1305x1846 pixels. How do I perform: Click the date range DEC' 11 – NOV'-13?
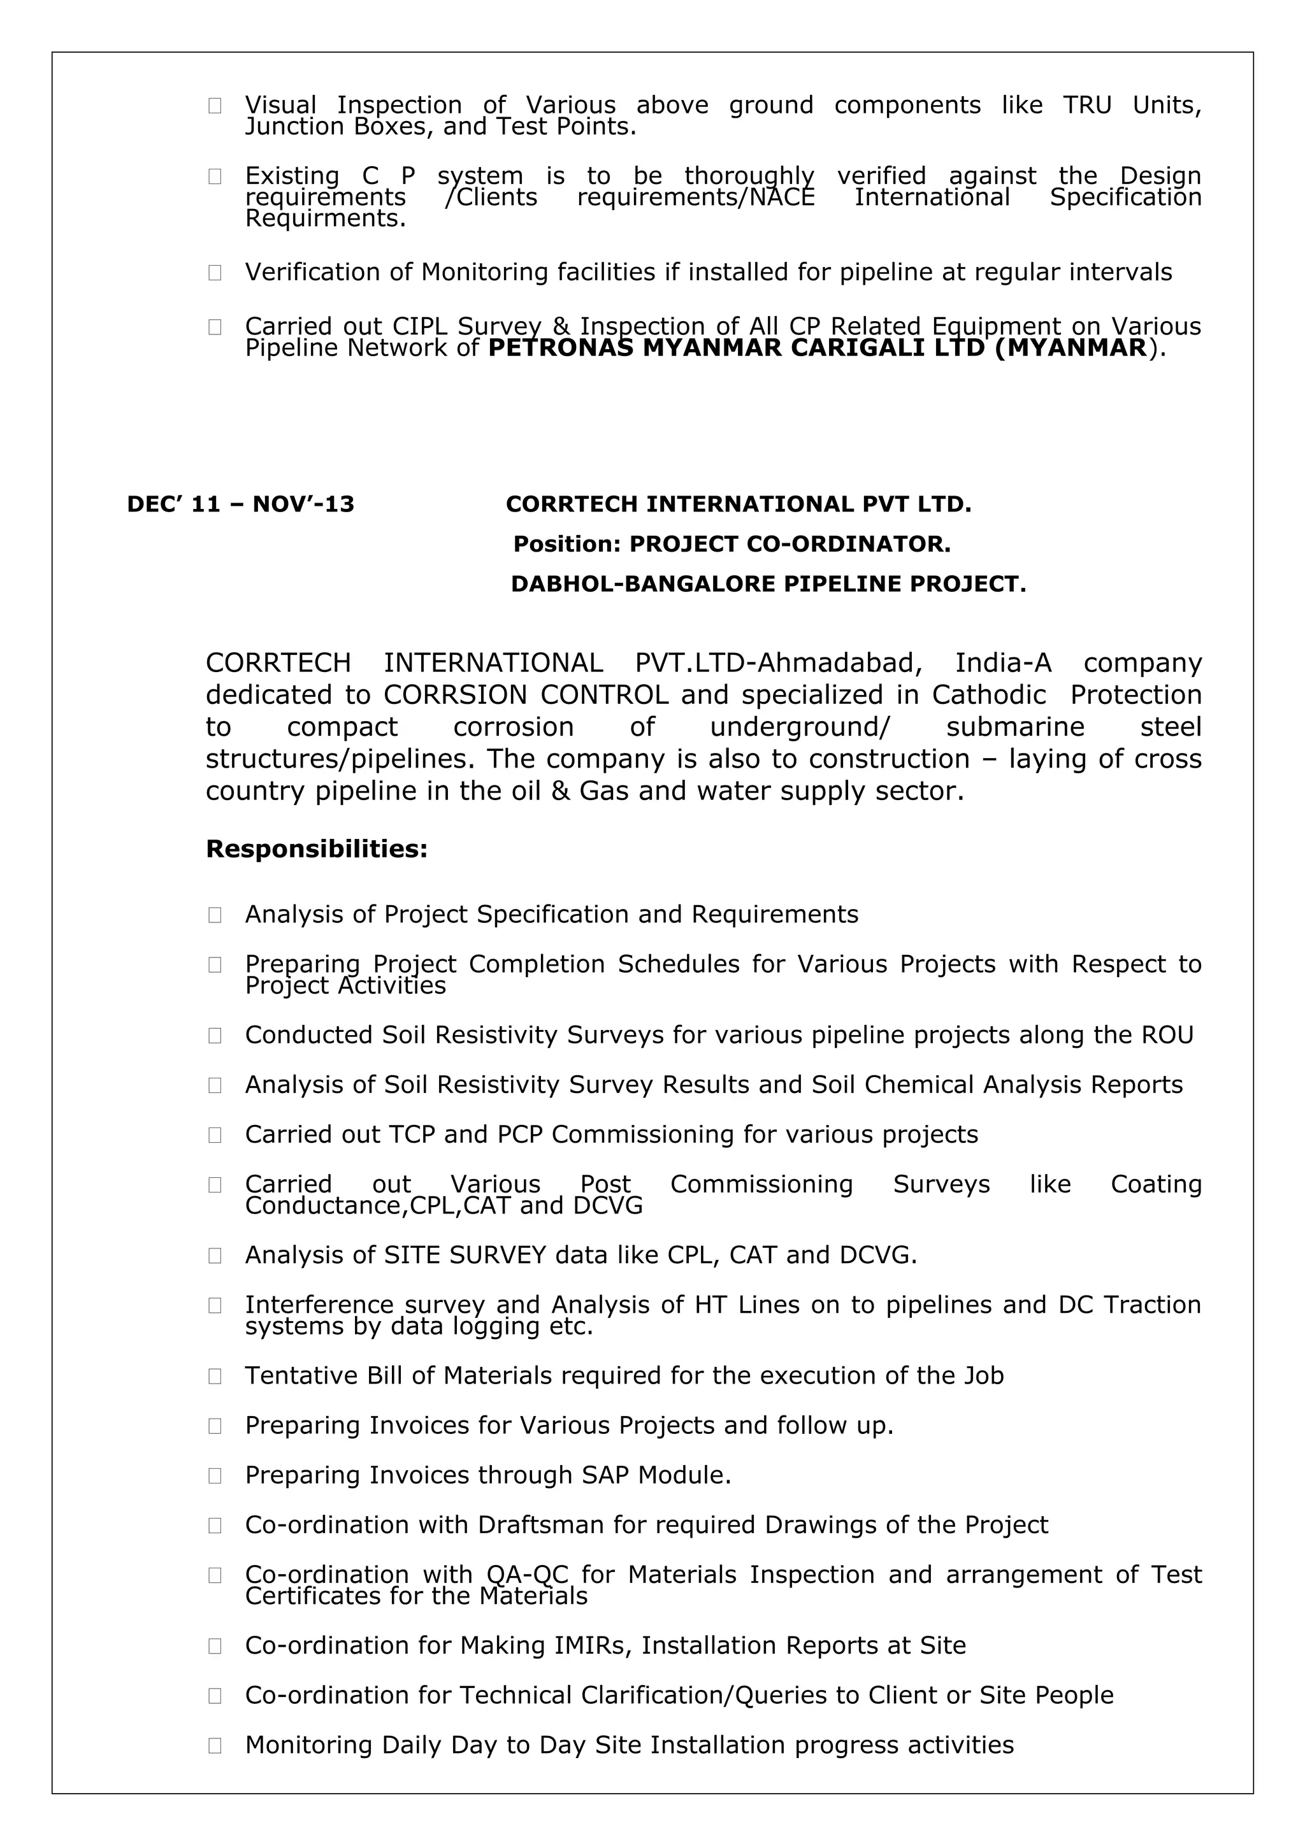coord(240,504)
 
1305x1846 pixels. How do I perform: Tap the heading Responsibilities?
coord(317,849)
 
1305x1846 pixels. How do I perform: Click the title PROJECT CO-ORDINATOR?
coord(789,545)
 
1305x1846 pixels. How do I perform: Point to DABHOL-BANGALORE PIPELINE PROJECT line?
coord(768,583)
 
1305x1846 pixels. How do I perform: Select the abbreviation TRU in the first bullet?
coord(1087,105)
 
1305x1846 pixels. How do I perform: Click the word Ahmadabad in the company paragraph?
coord(838,663)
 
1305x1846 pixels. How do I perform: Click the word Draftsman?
coord(540,1525)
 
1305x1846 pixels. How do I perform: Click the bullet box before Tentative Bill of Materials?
coord(215,1377)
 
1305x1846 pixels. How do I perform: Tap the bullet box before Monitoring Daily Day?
coord(215,1745)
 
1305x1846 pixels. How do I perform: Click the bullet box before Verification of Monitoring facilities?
coord(215,273)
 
